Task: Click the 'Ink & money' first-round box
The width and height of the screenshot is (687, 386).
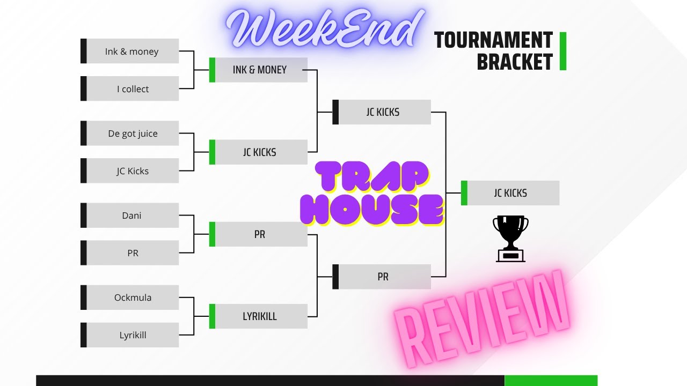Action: [x=132, y=51]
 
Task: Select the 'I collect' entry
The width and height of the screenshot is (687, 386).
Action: [x=132, y=89]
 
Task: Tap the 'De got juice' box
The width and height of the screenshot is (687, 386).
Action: [x=132, y=133]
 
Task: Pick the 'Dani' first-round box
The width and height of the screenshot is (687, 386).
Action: [x=132, y=216]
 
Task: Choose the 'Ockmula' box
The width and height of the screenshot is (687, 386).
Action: [x=132, y=298]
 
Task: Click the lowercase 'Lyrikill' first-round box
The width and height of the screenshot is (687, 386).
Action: [x=132, y=335]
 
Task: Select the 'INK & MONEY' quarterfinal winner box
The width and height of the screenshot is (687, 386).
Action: [x=260, y=70]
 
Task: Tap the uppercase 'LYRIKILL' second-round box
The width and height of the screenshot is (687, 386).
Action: [x=260, y=316]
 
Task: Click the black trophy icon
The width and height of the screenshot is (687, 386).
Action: [x=510, y=238]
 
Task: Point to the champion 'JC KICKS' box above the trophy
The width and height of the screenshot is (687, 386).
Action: [x=510, y=193]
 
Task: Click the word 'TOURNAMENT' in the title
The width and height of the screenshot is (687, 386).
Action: [x=493, y=41]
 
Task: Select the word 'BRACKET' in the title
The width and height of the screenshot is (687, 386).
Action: [x=514, y=62]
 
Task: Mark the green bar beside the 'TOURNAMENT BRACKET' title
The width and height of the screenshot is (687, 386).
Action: [x=563, y=51]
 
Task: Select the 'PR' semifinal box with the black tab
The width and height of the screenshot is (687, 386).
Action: [x=383, y=277]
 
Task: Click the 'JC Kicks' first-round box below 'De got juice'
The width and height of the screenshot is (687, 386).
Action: [x=132, y=171]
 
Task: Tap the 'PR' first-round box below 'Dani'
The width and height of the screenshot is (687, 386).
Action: [x=132, y=253]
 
